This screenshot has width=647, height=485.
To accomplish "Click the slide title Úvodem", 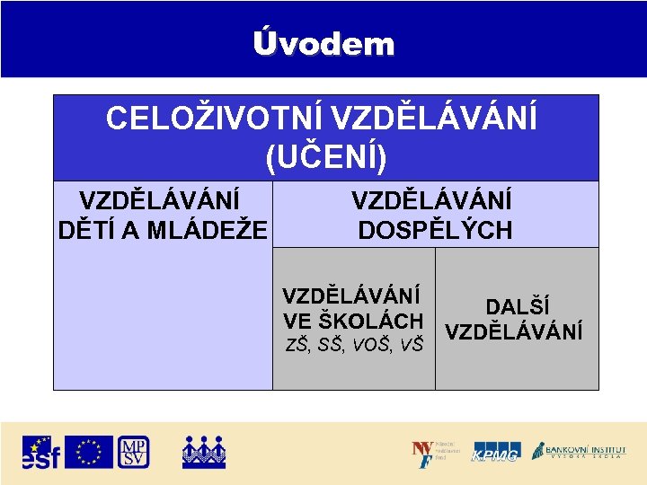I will click(x=323, y=43).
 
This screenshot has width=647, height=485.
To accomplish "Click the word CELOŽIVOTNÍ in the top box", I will click(x=214, y=119).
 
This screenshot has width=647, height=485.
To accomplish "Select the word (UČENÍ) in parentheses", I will click(x=325, y=157).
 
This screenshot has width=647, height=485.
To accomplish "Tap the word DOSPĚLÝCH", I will click(x=435, y=231).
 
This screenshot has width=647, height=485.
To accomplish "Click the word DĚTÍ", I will click(x=86, y=231).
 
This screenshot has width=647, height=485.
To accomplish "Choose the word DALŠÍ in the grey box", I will click(x=518, y=308).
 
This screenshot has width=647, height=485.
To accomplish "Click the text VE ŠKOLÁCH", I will click(x=353, y=321).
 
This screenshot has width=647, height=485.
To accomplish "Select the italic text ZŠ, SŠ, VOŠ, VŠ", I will click(x=353, y=343).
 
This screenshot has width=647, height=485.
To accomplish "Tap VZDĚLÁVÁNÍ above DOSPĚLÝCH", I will click(x=431, y=199).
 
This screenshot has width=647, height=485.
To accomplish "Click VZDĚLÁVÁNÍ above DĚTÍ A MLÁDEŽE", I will click(x=160, y=199).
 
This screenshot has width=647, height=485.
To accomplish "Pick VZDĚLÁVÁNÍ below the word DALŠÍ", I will click(x=514, y=331).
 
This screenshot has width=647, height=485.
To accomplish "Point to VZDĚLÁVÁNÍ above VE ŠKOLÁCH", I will click(x=351, y=296).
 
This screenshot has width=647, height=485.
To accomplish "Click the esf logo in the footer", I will click(x=41, y=452).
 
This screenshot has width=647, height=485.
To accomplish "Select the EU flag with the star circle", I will click(x=88, y=452).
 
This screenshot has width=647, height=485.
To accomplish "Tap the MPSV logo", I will click(x=133, y=452).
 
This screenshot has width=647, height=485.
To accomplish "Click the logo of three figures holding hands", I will click(x=203, y=452).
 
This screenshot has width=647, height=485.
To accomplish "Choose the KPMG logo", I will click(x=496, y=453).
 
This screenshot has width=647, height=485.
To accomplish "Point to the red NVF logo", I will click(x=422, y=453).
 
